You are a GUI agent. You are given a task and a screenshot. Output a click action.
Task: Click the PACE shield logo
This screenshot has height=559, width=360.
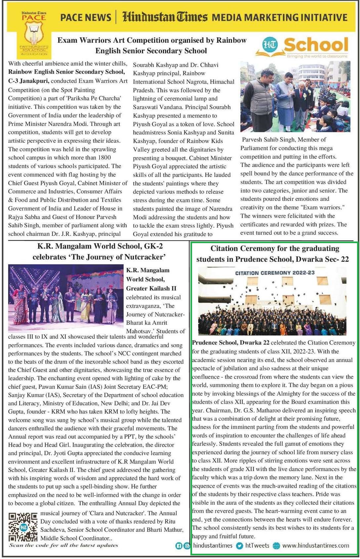(34, 33)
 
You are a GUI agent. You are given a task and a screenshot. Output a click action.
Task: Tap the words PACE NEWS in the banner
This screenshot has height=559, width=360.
(86, 17)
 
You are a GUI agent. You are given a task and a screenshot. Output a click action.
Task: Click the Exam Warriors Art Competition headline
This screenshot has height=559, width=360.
(152, 45)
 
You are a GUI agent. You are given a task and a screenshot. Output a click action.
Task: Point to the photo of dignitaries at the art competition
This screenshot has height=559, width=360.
(295, 96)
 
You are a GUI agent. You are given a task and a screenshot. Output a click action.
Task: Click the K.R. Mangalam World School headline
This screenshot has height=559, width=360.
(100, 251)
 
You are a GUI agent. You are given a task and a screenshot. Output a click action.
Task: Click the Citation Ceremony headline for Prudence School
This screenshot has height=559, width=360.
(272, 254)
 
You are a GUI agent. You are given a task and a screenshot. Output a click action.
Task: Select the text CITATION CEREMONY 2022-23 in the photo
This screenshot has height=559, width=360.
(275, 273)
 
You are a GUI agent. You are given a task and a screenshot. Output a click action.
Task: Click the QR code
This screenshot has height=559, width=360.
(23, 527)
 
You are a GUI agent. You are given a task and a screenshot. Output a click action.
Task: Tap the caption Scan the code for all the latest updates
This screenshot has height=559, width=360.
(63, 545)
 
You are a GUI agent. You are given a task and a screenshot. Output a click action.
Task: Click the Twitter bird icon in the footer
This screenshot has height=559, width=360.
(239, 546)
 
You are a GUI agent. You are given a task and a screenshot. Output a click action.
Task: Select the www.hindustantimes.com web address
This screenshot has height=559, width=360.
(315, 545)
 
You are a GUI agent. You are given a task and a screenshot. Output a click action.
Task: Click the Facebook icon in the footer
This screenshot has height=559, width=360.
(179, 546)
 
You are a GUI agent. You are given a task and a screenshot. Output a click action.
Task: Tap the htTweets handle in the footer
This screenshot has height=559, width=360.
(257, 545)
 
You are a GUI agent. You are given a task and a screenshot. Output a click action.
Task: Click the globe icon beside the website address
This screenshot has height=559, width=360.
(276, 546)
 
